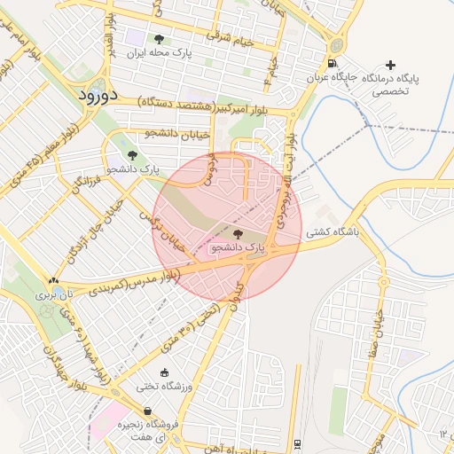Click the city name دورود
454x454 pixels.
91,94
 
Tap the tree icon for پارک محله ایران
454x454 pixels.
159,39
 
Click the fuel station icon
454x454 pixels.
332,64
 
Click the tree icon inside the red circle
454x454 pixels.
237,233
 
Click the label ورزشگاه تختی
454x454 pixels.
160,386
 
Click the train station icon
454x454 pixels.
297,445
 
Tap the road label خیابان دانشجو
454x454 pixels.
177,133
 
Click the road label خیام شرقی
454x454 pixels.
230,38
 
